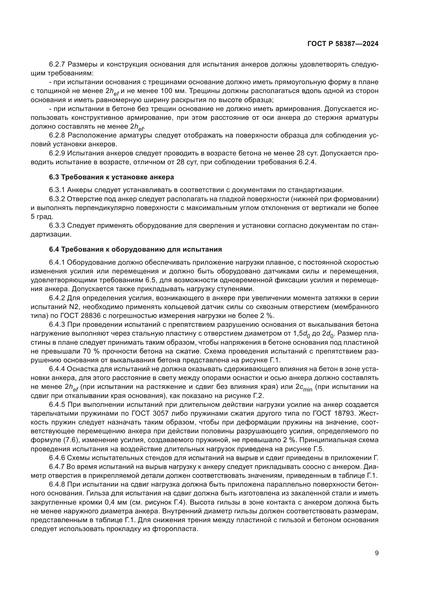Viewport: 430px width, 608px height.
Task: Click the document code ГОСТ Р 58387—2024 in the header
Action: pos(343,44)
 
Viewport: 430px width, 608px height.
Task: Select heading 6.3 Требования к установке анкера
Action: pos(112,177)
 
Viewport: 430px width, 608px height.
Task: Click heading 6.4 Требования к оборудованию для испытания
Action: pos(135,250)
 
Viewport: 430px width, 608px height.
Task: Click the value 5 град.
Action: pos(42,217)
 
